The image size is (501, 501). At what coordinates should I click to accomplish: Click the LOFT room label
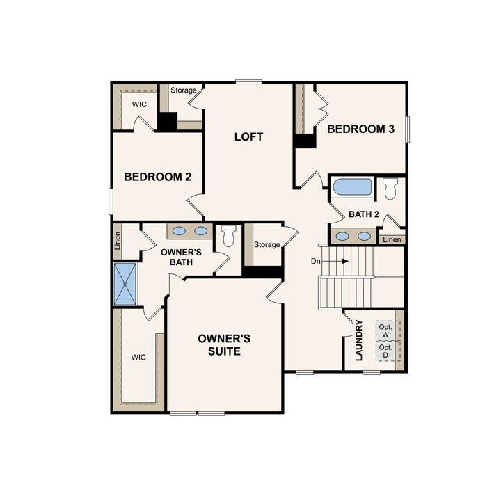coord(248,136)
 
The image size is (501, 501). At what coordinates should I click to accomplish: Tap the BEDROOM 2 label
coord(157,177)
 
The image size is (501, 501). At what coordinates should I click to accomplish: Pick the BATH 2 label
coord(364,214)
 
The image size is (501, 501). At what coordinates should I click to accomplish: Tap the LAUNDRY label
coord(359,340)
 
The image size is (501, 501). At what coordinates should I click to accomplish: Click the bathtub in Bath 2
coord(352,187)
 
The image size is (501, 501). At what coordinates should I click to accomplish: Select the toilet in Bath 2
coord(390,188)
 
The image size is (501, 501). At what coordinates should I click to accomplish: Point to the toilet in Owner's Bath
coord(228,237)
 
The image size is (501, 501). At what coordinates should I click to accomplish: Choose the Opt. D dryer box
coord(385,351)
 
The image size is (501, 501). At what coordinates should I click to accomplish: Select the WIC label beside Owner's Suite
coord(138,357)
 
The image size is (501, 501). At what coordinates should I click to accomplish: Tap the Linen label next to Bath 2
coord(392,239)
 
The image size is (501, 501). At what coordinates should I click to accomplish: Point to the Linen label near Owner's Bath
coord(118,240)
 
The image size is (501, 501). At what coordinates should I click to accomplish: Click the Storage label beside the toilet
coord(267,245)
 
